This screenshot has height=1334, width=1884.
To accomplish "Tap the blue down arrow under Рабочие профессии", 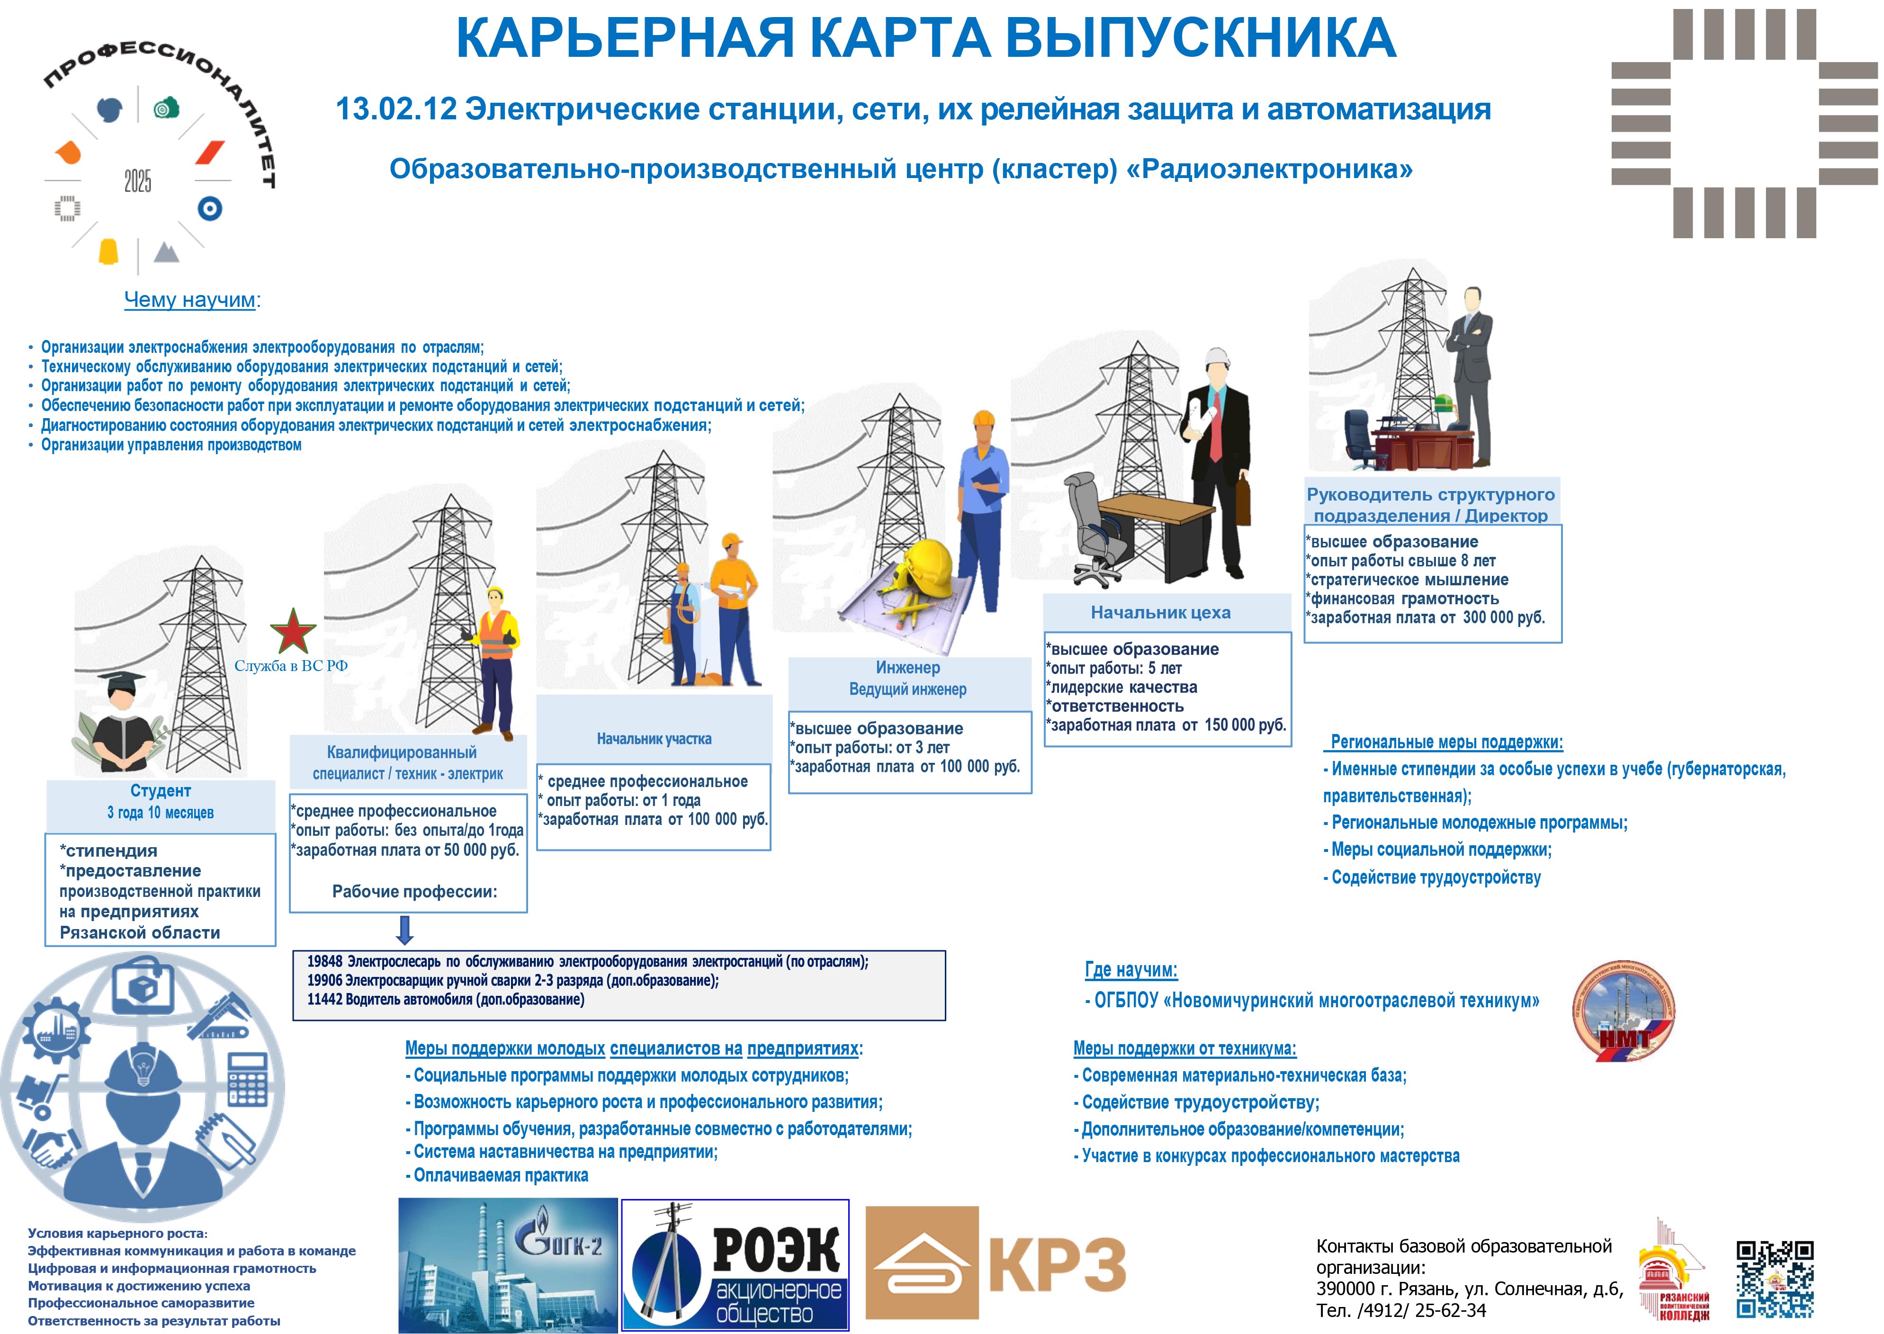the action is coord(405,930).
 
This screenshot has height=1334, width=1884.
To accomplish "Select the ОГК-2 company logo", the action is coord(508,1265).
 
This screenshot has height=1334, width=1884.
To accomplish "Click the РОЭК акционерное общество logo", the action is coord(735,1265).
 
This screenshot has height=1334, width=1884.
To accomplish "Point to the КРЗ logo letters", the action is coord(1057,1264).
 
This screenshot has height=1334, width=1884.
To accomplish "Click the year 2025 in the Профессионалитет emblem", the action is coord(138,181).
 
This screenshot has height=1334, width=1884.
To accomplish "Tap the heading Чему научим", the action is coord(190,300).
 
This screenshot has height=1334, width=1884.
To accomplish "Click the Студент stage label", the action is coord(161,791).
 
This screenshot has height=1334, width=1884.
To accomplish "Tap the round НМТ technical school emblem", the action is coord(1623,1011).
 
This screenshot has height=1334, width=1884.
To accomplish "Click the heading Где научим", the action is coord(1131,970).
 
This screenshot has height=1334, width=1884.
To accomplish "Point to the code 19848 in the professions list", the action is coord(324,961).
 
